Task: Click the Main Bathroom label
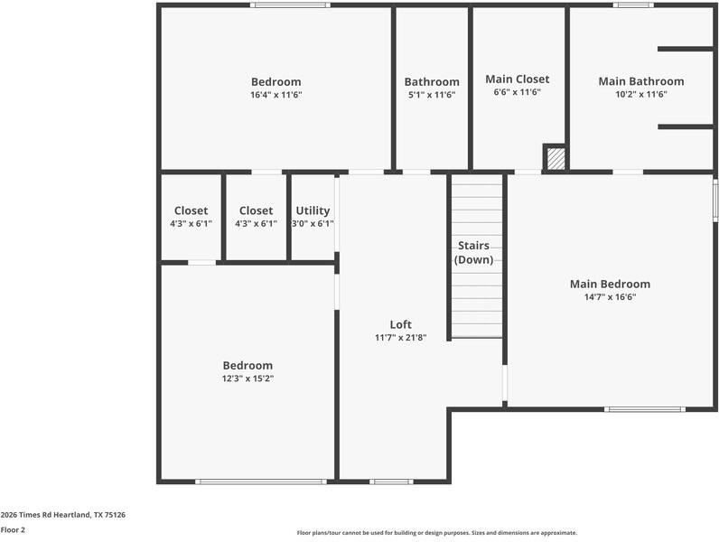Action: point(641,81)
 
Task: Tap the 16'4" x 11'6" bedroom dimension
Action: point(276,95)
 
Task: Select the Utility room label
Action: point(313,210)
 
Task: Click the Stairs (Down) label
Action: point(473,253)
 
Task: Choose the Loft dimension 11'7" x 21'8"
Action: point(401,338)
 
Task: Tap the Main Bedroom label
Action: point(610,284)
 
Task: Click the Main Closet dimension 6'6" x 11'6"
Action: point(518,92)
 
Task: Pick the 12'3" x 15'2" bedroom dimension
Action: point(247,378)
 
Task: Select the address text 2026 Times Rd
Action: point(26,515)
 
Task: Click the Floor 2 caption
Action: point(13,530)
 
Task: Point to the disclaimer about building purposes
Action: point(437,533)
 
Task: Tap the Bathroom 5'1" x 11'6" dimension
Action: point(432,95)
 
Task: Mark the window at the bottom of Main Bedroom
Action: point(645,409)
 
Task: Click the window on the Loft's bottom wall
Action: point(391,481)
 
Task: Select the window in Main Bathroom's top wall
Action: point(633,5)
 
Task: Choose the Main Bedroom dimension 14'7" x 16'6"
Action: point(610,297)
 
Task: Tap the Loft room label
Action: point(401,324)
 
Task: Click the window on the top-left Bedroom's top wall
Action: point(290,5)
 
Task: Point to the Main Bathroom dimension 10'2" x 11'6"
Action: point(641,95)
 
